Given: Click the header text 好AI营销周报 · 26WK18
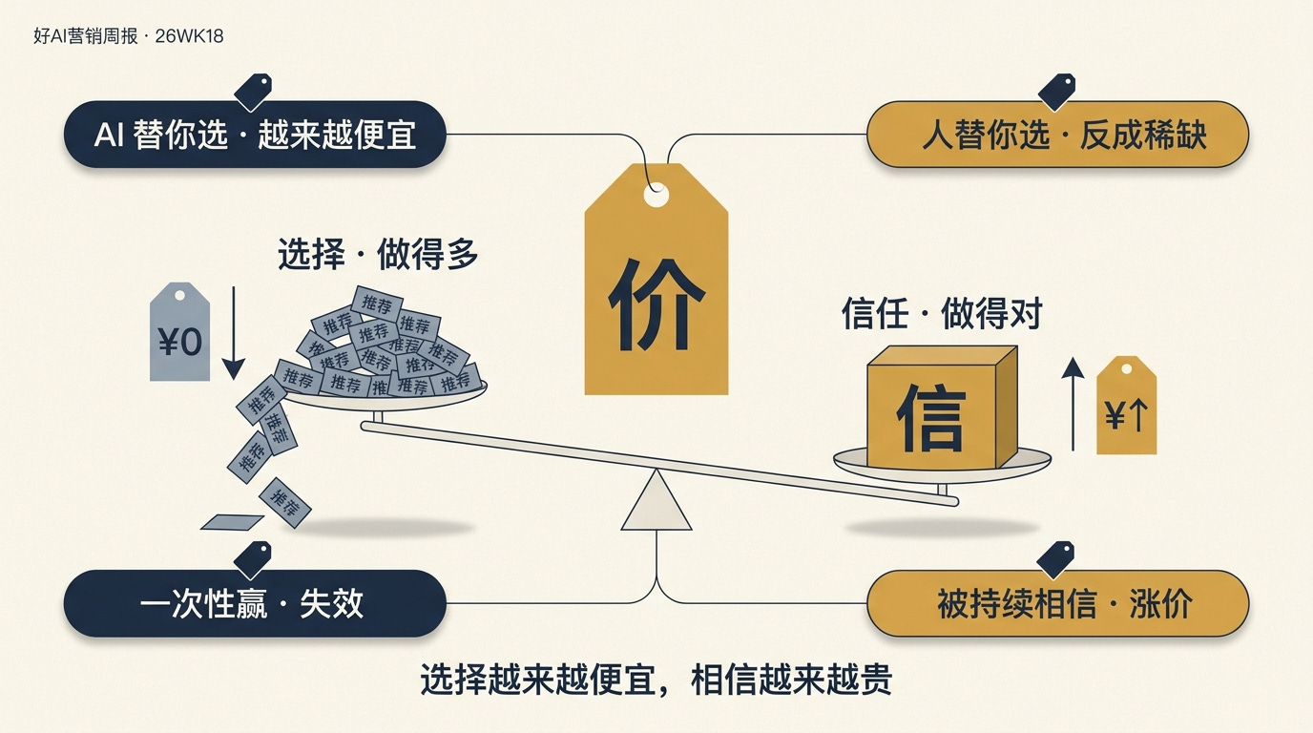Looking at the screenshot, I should coord(128,37).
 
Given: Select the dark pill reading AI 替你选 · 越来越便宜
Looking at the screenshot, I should coord(255,135).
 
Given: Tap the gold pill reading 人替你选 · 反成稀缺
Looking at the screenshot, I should coord(1057,135).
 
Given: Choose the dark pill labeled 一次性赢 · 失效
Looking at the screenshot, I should coord(255,603).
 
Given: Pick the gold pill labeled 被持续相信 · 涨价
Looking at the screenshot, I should coord(1057,603).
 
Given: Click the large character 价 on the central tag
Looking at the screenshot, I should coord(656,304).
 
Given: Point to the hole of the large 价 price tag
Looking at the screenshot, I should coord(656,196).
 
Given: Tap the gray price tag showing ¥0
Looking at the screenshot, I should coord(179,333).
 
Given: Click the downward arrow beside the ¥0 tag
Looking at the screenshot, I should coord(234,329).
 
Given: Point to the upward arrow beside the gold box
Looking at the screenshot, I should coord(1073,403).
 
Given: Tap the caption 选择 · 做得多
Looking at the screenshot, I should coord(378,255).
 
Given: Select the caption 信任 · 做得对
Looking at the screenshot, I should coord(941,314).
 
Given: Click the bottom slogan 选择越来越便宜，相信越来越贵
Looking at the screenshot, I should coord(656,681).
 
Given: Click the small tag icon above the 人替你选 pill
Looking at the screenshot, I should coord(1056,92).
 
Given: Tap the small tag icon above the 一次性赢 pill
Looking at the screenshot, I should coord(253,559).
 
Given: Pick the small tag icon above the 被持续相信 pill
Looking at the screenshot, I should coord(1056,559).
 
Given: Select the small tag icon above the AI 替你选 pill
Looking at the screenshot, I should coord(253,92).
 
